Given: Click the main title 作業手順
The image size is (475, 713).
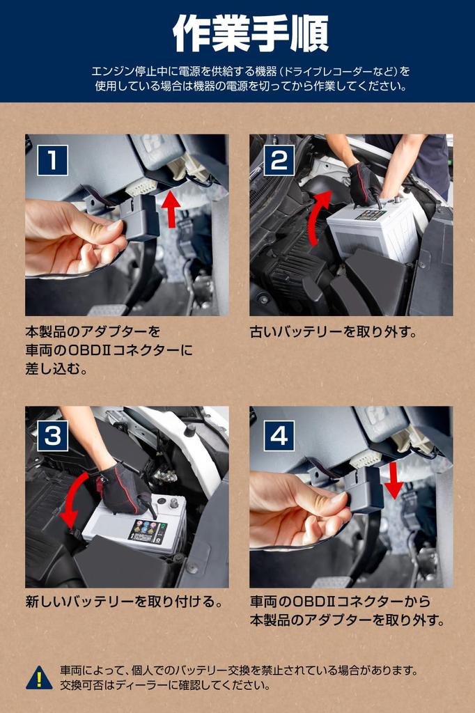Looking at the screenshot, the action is click(250, 33).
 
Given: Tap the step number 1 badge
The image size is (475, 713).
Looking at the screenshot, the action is click(53, 161).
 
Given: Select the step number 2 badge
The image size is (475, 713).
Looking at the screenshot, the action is click(279, 161).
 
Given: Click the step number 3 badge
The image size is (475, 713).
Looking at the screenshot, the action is click(53, 435).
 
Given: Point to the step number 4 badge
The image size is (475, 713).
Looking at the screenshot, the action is click(279, 435).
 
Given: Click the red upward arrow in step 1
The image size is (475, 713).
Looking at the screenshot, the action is click(171, 209).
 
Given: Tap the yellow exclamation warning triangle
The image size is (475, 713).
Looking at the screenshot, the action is click(39, 677).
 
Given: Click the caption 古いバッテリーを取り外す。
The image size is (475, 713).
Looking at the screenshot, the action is click(334, 332).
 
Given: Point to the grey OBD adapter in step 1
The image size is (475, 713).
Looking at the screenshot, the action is click(140, 217).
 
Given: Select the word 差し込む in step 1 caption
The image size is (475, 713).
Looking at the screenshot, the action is click(57, 369).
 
